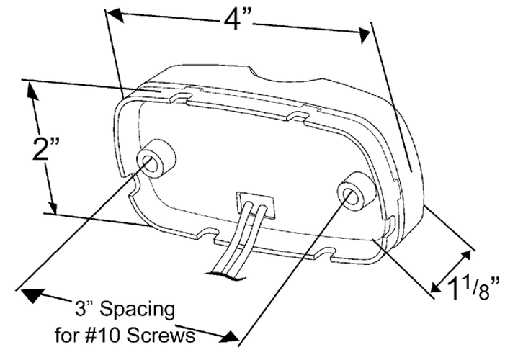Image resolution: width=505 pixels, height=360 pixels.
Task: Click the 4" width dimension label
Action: coord(238,22)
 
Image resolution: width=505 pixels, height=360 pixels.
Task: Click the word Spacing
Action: coord(138,310)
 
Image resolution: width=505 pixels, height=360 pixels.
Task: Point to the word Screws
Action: coord(161,336)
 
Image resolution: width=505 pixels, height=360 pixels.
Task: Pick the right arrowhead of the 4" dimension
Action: coord(365,35)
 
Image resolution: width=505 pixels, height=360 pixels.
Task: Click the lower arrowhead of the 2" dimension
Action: coord(53,206)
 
